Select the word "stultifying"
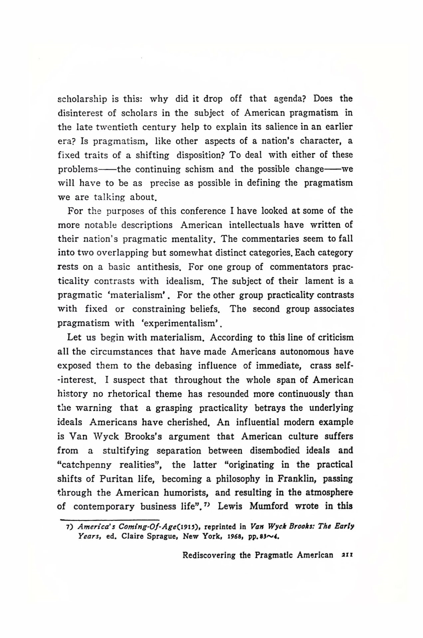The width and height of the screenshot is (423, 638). click(x=126, y=451)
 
